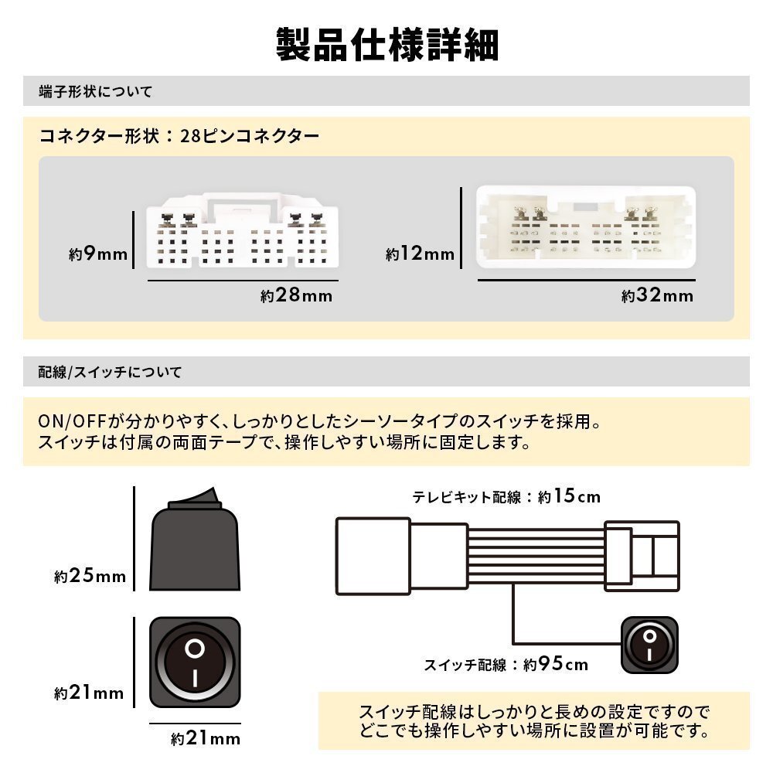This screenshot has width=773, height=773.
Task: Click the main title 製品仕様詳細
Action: (x=386, y=45)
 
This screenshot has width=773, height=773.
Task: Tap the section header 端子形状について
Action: (x=96, y=91)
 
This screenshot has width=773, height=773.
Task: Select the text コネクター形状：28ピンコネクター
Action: (x=179, y=137)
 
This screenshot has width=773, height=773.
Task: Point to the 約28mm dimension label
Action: (x=296, y=295)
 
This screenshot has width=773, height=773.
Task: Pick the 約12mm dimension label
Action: (x=420, y=254)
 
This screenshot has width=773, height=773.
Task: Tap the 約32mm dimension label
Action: (x=657, y=295)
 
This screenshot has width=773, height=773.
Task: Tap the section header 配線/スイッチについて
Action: (x=111, y=372)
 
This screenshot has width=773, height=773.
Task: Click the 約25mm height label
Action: (x=90, y=576)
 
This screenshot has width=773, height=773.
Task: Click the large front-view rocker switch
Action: (x=195, y=663)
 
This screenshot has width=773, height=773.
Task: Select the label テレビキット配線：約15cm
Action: (x=506, y=496)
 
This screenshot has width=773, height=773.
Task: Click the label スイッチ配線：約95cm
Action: (x=506, y=664)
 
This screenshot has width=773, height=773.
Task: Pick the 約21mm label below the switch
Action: (x=206, y=738)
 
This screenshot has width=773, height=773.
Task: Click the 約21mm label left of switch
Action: (x=89, y=693)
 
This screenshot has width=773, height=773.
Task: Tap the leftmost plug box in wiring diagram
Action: (x=372, y=555)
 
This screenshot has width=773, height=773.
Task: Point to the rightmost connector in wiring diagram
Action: (x=642, y=556)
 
